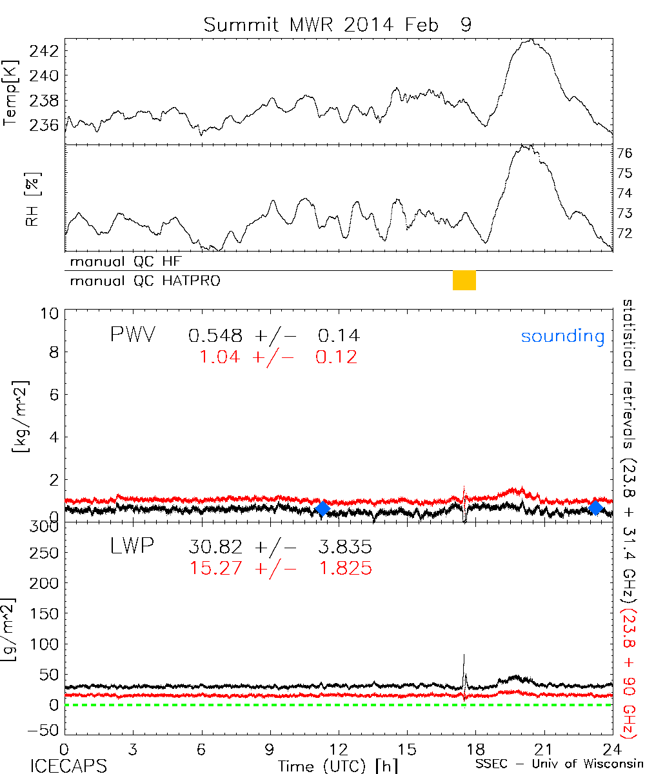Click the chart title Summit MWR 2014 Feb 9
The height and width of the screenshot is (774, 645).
337,25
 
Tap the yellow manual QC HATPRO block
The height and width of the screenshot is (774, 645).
464,281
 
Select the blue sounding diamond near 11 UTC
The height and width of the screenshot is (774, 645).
322,508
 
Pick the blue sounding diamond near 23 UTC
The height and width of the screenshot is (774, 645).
596,508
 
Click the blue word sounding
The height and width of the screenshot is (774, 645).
562,336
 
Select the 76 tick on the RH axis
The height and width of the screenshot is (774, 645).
626,154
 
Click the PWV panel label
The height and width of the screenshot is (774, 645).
132,335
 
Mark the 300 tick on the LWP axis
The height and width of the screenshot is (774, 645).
45,527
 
